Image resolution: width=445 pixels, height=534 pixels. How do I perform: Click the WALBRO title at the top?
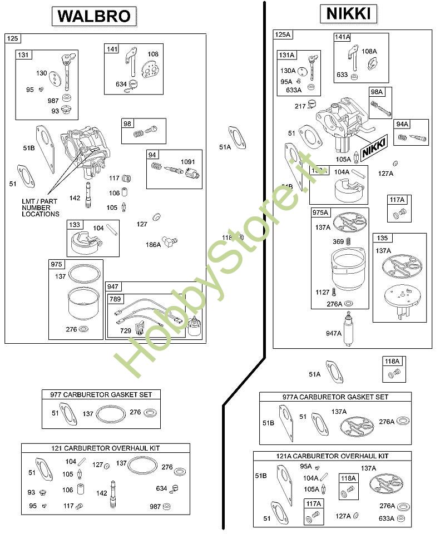(94, 16)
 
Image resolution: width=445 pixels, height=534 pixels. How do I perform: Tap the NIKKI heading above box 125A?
(349, 13)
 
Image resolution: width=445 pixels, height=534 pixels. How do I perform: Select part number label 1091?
(188, 162)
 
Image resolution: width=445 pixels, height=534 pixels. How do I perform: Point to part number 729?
(126, 330)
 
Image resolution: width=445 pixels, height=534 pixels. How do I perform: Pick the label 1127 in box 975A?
(323, 291)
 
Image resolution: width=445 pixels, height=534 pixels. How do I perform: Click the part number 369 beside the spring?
(338, 241)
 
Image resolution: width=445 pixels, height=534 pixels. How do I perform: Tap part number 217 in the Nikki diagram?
(300, 106)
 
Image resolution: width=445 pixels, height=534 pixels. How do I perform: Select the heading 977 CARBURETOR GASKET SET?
(97, 394)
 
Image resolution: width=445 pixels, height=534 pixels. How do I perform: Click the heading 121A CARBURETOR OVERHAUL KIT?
(333, 456)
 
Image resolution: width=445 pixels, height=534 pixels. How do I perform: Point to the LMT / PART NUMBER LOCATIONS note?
(40, 207)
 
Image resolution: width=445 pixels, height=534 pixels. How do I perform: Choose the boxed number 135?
(382, 238)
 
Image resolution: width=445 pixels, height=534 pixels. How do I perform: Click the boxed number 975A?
(321, 212)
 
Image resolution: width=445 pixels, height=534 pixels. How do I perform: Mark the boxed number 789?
(115, 299)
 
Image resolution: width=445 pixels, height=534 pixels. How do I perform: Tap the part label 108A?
(369, 51)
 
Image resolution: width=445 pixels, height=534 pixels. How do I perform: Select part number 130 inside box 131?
(42, 73)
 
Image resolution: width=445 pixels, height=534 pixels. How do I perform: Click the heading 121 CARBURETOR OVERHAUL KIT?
(105, 448)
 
